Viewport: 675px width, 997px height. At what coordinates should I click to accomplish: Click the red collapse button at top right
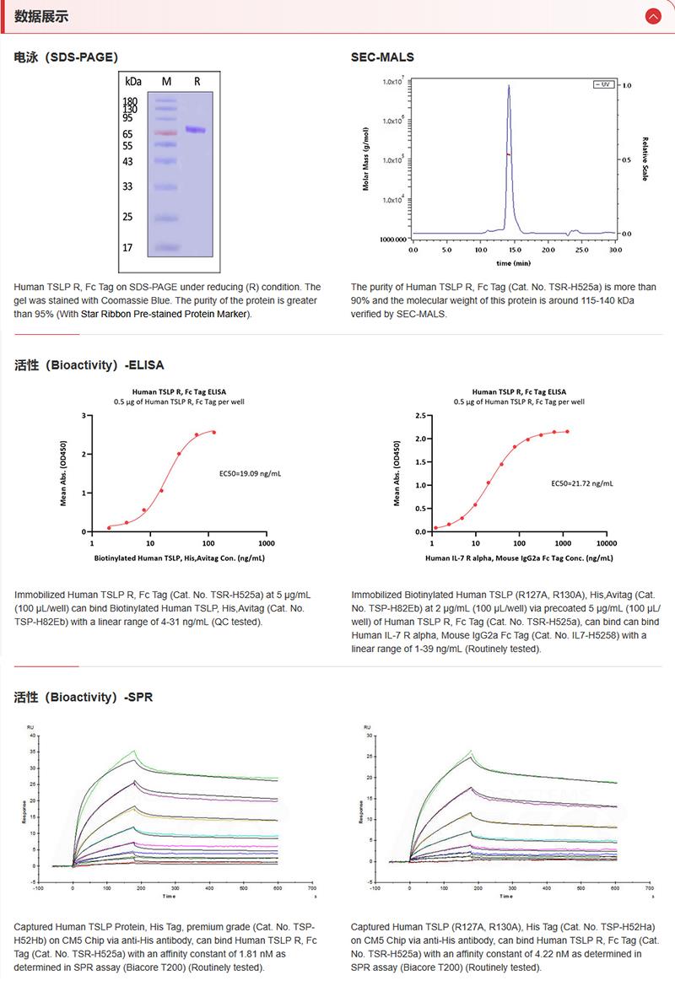tap(652, 16)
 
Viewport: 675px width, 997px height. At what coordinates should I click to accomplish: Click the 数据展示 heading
tap(41, 16)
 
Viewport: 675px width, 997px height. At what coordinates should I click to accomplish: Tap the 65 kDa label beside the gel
tap(128, 134)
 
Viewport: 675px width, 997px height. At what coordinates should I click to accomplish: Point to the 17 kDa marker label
tap(128, 248)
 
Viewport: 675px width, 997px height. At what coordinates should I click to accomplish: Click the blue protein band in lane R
tap(196, 130)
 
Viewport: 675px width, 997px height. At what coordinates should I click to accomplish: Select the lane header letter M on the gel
tap(166, 82)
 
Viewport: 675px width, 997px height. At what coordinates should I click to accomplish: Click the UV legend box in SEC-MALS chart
tap(602, 84)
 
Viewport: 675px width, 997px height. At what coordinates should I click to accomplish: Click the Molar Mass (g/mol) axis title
tap(365, 159)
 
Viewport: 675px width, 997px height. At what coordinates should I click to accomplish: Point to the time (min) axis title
tap(513, 263)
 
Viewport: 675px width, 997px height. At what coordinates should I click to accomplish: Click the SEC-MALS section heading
tap(382, 57)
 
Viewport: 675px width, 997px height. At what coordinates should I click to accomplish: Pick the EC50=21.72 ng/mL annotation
tap(582, 483)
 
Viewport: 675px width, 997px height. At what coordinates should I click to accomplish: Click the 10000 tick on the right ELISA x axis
tap(606, 544)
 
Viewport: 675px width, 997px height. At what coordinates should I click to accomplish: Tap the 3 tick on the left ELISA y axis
tap(83, 415)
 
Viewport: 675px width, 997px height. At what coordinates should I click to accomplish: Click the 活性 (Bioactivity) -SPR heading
tap(84, 698)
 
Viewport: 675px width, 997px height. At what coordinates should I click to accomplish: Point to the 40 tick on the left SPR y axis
tap(33, 736)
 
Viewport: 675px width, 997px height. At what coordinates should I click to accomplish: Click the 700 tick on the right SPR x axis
tap(649, 888)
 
